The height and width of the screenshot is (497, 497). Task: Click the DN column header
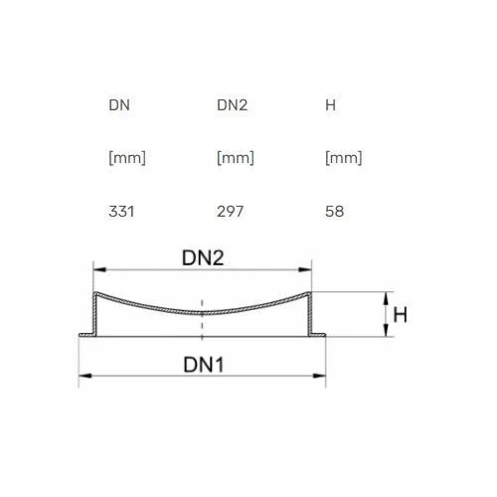[x=119, y=105]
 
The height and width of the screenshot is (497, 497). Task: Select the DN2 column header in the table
[x=233, y=105]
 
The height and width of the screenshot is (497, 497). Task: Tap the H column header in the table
[x=331, y=105]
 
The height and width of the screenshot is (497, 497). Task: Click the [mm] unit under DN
[x=127, y=158]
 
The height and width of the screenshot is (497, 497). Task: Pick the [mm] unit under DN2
[x=236, y=158]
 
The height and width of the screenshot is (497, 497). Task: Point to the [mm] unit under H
[x=344, y=158]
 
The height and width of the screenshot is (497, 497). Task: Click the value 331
[x=121, y=212]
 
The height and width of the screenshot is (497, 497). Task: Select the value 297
[x=231, y=212]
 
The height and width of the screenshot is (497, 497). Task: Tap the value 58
[x=335, y=212]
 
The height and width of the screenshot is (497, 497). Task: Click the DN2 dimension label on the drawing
[x=203, y=257]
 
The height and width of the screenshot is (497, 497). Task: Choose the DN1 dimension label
[x=204, y=365]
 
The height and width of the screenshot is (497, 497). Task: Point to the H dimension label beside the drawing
[x=401, y=315]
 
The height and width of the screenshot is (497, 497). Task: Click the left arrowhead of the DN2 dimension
[x=99, y=269]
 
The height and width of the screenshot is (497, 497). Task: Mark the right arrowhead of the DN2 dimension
[x=305, y=269]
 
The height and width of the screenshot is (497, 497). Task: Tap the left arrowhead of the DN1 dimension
[x=85, y=376]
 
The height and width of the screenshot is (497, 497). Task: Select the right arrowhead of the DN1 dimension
[x=319, y=376]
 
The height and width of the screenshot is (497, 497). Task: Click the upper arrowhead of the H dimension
[x=386, y=298]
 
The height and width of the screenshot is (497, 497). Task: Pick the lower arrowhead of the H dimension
[x=386, y=330]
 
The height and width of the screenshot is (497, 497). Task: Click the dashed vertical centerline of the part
[x=202, y=320]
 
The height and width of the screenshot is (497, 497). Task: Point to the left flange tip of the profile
[x=80, y=335]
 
